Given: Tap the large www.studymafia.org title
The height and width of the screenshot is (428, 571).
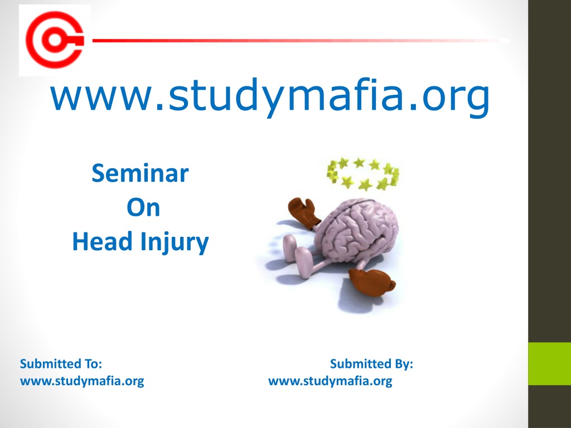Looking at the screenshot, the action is pyautogui.click(x=270, y=96).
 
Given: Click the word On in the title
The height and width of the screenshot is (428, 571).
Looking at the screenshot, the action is pyautogui.click(x=143, y=207).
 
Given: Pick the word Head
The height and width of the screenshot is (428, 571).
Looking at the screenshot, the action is pyautogui.click(x=102, y=241).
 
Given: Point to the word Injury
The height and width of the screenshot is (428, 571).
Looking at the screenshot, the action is pyautogui.click(x=175, y=243).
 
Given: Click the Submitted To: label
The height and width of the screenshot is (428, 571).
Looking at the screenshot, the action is pyautogui.click(x=61, y=363).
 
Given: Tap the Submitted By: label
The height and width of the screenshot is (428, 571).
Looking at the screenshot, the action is pyautogui.click(x=371, y=363).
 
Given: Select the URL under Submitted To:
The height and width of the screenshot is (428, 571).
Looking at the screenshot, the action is pyautogui.click(x=82, y=381).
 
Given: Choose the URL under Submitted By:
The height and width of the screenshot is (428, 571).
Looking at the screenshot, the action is pyautogui.click(x=330, y=381).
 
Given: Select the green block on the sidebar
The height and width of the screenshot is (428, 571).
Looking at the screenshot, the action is pyautogui.click(x=549, y=363).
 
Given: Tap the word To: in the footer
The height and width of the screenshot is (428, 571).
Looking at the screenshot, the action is pyautogui.click(x=94, y=363).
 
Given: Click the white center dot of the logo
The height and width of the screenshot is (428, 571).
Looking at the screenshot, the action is pyautogui.click(x=55, y=40).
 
